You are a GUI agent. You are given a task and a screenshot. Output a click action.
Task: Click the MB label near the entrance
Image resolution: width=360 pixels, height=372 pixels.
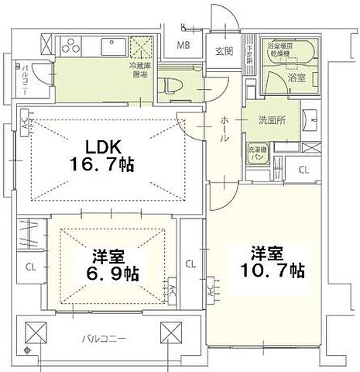point(183,44)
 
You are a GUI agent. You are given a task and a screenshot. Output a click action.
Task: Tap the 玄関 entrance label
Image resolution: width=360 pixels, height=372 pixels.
point(225,51)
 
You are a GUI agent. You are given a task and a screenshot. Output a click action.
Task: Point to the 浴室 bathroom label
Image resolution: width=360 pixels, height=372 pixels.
point(294,78)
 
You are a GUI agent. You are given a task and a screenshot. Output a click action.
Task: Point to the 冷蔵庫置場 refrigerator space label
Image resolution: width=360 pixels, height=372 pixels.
point(141,72)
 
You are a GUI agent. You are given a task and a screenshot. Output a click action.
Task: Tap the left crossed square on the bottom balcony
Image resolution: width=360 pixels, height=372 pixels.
point(36,333)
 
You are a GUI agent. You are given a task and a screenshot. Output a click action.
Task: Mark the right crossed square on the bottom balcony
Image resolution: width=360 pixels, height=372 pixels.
point(172,333)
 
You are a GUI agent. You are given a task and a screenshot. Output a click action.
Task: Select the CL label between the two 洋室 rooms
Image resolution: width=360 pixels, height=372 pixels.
point(190,263)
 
